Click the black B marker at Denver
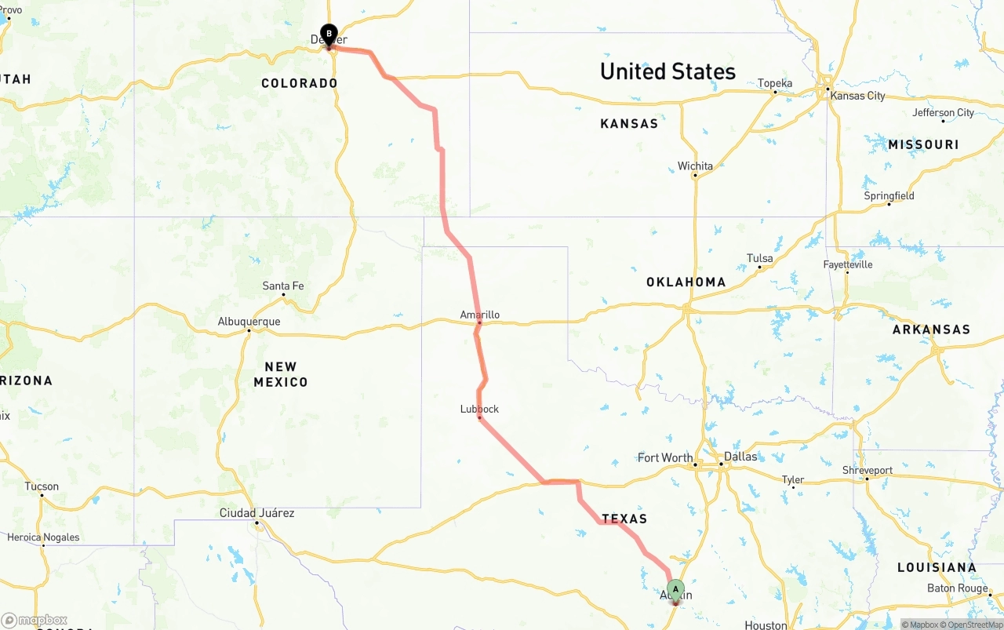point(329,34)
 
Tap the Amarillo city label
point(479,315)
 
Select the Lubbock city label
point(479,409)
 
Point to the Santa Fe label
point(282,286)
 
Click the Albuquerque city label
point(249,322)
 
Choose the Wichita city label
point(695,166)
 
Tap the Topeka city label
point(775,83)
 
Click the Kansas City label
point(857,96)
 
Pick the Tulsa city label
point(759,258)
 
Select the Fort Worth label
point(665,457)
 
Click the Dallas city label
point(740,457)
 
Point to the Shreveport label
point(868,470)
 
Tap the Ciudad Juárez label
point(256,513)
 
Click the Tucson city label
point(42,486)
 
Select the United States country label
point(668,71)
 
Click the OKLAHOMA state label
point(686,282)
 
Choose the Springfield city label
point(889,195)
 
